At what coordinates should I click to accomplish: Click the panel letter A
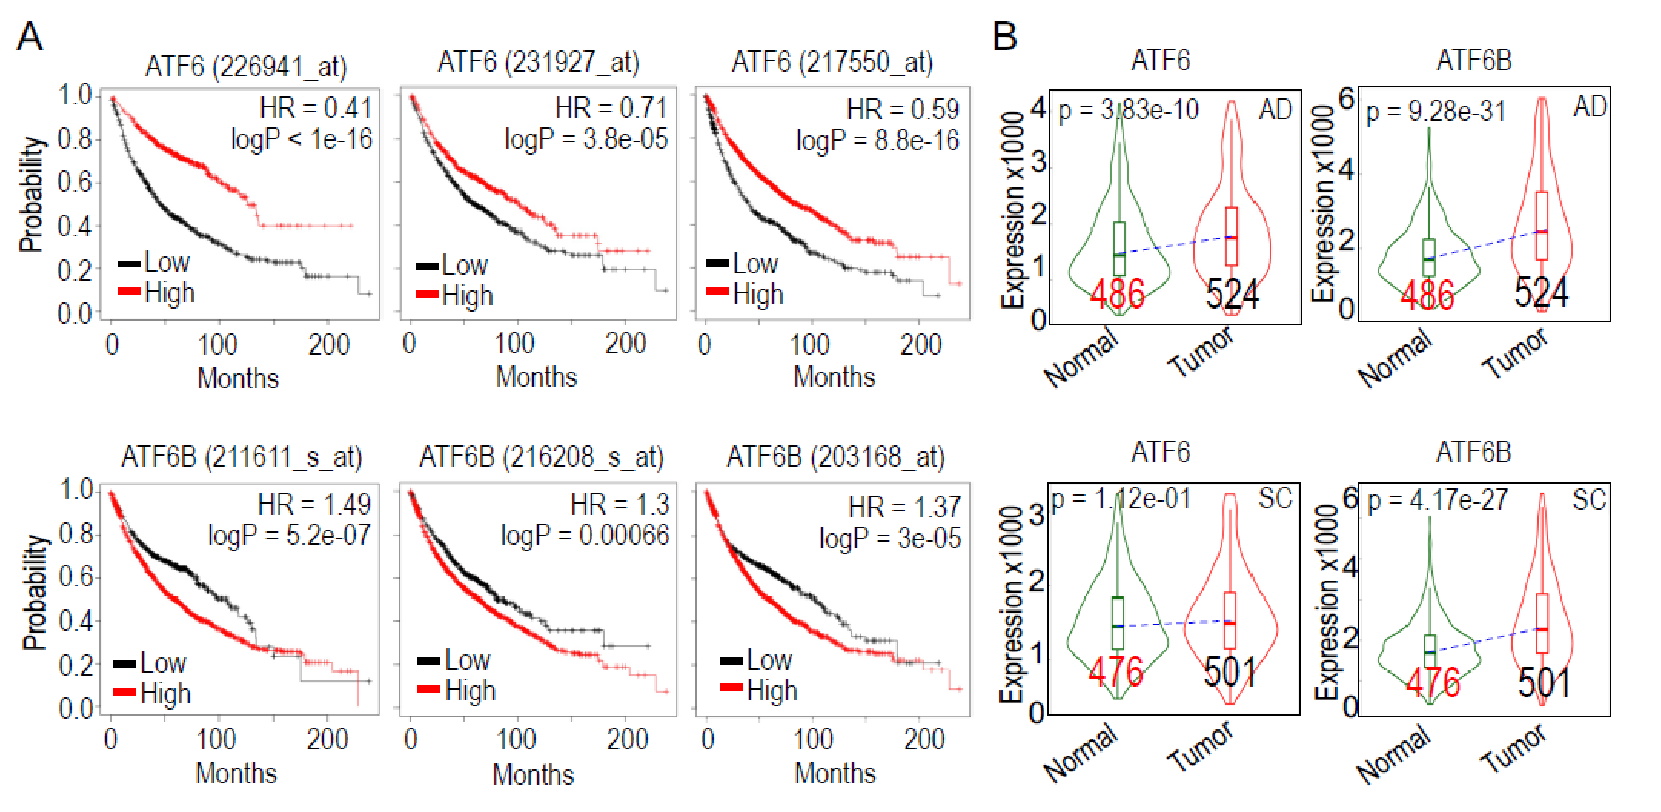coord(30,37)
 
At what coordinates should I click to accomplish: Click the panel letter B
coord(1005,37)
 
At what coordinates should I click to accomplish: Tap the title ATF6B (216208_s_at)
coord(541,457)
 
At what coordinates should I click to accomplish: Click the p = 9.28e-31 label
coord(1435,112)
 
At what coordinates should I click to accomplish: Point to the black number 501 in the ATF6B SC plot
coord(1544,683)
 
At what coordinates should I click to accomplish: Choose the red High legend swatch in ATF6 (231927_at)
coord(427,295)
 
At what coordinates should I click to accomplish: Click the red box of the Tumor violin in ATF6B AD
coord(1542,226)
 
